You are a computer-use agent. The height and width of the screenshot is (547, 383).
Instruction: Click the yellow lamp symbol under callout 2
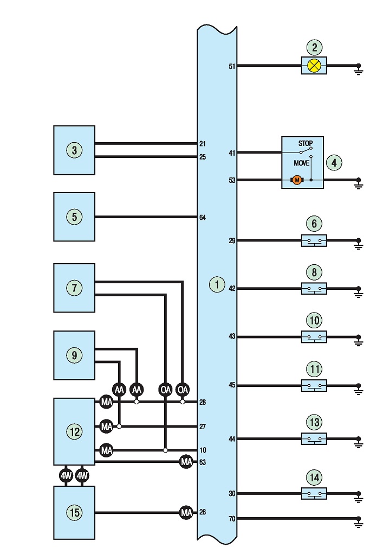coord(314,65)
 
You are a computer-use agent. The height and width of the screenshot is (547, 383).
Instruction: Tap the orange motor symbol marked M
coord(297,180)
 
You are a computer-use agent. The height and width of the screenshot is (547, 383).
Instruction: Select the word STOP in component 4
coord(306,143)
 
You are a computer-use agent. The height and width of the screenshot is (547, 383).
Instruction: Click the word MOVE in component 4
coord(302,163)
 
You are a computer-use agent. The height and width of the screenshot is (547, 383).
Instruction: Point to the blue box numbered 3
coord(74,150)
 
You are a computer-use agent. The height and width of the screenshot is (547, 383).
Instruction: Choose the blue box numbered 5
coord(74,217)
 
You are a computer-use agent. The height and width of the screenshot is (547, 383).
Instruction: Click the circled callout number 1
coord(217,285)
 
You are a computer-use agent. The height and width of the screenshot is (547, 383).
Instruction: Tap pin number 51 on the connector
coord(232,66)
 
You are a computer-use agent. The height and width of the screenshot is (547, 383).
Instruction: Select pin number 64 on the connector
coord(202,218)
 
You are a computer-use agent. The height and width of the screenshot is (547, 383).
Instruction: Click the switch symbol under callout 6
coord(314,240)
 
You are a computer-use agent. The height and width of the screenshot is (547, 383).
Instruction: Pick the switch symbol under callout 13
coord(314,438)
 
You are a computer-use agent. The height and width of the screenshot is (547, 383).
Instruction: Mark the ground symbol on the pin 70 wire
coord(359,521)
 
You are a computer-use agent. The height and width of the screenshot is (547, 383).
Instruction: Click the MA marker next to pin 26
coord(186,512)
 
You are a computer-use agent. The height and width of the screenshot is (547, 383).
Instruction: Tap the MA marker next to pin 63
coord(186,462)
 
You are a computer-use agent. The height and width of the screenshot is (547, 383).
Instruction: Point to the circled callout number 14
coord(314,478)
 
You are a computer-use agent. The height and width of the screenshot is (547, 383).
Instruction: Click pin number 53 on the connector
coord(232,180)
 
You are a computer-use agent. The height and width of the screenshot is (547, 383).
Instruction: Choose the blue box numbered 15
coord(74,513)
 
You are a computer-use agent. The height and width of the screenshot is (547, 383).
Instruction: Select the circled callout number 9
coord(74,355)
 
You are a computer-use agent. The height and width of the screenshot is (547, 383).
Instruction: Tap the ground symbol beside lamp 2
coord(359,69)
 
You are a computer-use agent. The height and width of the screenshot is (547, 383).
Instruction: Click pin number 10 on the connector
coord(203,450)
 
